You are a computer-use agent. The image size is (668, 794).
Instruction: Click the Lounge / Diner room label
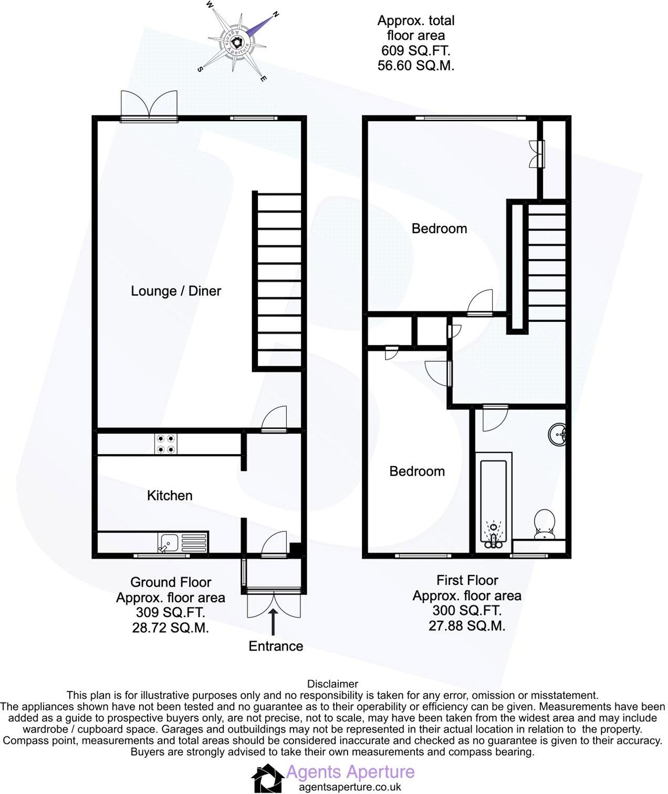click(175, 291)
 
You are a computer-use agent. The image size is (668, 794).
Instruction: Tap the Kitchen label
click(169, 495)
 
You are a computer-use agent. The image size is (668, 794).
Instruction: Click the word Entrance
click(276, 646)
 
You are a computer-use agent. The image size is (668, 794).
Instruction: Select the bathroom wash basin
click(557, 434)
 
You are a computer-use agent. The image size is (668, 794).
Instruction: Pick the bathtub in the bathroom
click(493, 503)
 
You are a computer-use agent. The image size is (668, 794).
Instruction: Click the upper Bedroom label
click(439, 228)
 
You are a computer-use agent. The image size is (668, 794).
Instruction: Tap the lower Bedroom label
click(417, 471)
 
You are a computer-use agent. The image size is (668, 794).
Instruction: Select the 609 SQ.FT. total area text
click(415, 51)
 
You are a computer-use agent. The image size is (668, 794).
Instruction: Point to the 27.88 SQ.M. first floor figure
click(466, 625)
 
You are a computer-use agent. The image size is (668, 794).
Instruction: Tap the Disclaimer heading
click(332, 684)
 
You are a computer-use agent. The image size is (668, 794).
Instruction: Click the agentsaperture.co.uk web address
click(350, 787)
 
